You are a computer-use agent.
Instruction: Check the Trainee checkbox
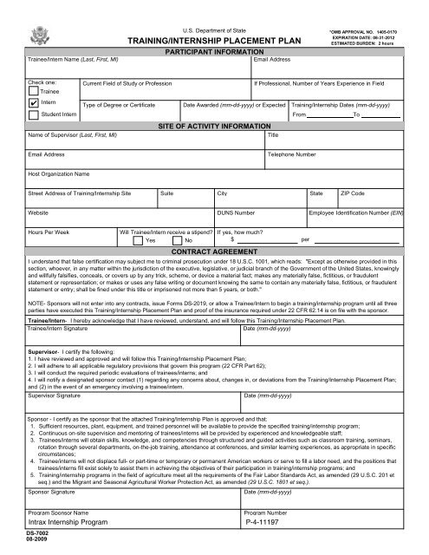[x=34, y=89]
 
